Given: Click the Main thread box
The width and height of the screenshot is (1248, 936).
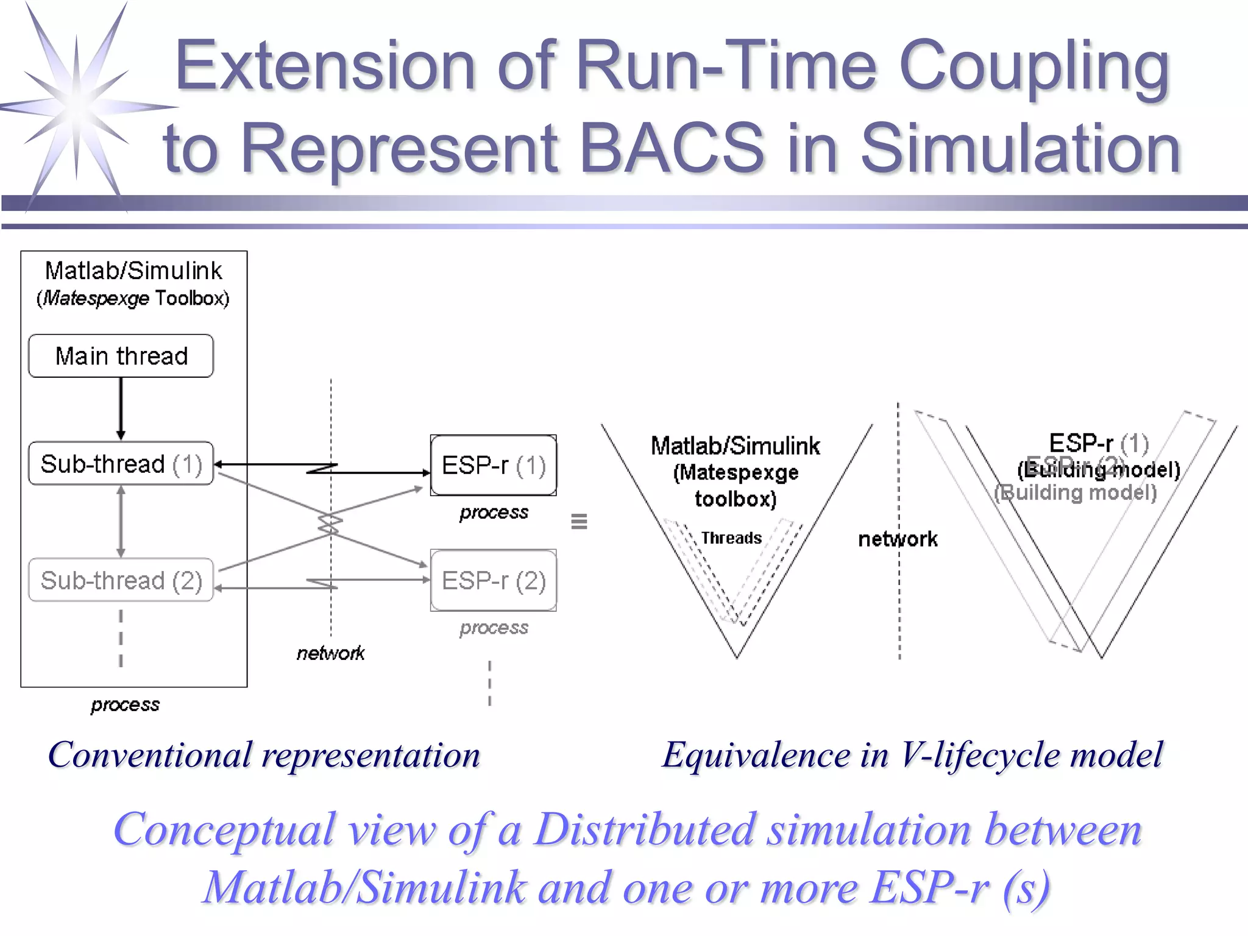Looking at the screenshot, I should point(121,356).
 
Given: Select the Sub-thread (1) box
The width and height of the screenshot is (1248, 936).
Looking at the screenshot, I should point(121,464).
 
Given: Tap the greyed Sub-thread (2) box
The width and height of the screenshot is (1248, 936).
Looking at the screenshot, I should point(121,580).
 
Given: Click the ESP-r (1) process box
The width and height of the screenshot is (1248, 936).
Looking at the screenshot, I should point(493,466).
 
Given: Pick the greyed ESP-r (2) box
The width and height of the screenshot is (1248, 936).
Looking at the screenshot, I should point(493,581).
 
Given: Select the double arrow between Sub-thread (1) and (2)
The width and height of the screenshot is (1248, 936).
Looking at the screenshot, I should point(121,522).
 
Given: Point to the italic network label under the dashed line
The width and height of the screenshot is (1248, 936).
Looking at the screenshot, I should point(330,653).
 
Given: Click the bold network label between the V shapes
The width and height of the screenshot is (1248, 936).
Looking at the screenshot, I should point(898,539).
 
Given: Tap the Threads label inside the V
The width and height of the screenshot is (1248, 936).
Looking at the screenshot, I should point(731,538).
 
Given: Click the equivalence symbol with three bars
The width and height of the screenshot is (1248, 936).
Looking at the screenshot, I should point(579,522).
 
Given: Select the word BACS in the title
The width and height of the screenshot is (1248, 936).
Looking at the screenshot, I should point(671,148).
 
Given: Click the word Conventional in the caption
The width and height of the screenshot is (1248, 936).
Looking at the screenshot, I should point(149,755).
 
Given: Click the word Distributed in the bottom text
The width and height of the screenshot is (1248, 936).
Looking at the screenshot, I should point(645,830).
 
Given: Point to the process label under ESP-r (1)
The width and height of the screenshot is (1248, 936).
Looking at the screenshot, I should point(494,512).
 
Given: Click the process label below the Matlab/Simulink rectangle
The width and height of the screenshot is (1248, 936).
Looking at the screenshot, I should point(125,705).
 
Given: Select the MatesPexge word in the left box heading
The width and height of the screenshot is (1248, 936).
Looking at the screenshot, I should point(96,299).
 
